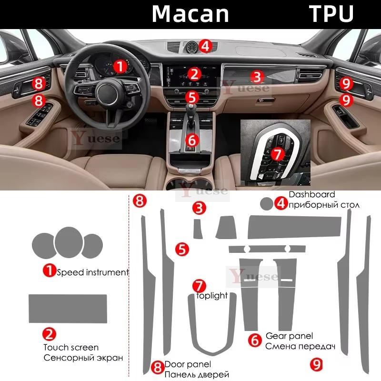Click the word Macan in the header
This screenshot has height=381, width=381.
coord(190,14)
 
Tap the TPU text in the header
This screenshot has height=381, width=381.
coord(332,14)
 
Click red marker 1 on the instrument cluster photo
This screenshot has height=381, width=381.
coord(120,65)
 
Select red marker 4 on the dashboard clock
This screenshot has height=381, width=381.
coord(205,46)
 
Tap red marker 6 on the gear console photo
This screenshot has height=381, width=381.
coord(191,140)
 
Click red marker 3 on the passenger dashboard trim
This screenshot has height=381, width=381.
coord(256,76)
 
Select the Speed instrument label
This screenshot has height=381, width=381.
coord(92,272)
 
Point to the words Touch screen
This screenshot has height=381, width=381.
coord(71,347)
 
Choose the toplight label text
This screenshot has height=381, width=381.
coord(212,296)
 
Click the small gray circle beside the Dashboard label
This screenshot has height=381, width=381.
coord(266,203)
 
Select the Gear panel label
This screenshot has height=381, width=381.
coord(289,336)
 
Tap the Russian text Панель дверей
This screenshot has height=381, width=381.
coord(197,375)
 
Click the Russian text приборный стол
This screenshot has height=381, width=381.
coord(324,205)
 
